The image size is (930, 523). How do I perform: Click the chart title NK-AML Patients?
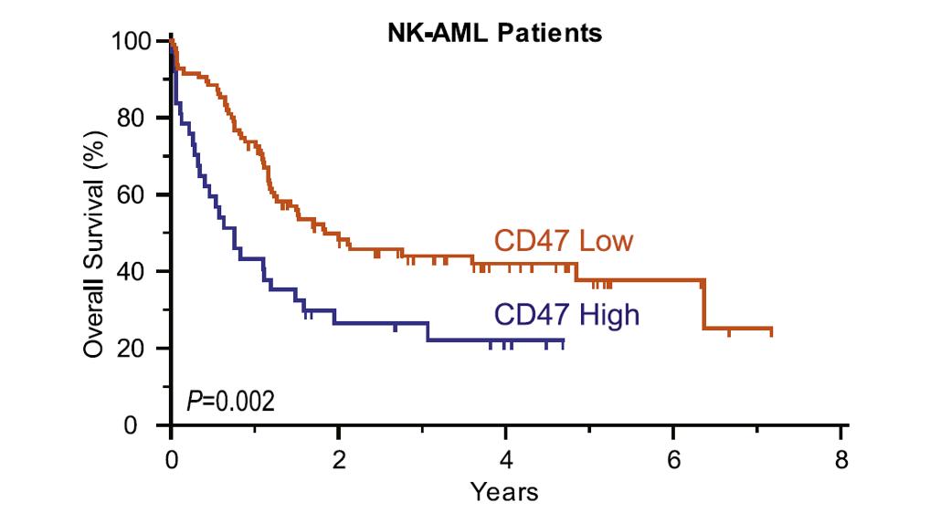(493, 34)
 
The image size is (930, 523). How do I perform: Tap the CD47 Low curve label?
(564, 242)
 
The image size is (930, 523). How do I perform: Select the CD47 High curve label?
(566, 315)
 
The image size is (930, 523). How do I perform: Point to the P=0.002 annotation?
(230, 401)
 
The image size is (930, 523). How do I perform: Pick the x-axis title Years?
(504, 492)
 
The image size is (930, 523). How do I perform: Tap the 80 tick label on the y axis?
(137, 118)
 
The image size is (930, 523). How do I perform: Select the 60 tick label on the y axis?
(137, 194)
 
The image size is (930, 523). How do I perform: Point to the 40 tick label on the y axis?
(137, 271)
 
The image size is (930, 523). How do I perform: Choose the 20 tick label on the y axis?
(137, 348)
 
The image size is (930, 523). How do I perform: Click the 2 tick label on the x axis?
(338, 457)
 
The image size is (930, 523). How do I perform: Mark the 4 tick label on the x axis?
(506, 457)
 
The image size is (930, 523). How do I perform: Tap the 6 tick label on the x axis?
(673, 457)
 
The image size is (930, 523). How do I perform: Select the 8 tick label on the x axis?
(841, 457)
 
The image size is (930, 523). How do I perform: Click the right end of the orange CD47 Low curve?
(771, 329)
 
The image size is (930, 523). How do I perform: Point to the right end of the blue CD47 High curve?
(564, 340)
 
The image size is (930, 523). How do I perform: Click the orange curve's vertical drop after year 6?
(703, 305)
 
